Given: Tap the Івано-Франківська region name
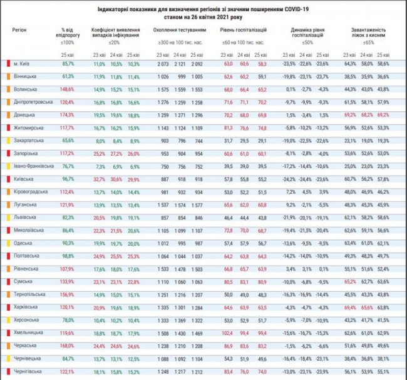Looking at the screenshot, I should click(31, 166).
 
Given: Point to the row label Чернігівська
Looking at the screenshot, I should click(27, 371).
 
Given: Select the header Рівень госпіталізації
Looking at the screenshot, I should click(244, 29).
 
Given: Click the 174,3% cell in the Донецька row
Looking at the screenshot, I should click(68, 115).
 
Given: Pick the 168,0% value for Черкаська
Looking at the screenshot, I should click(68, 346).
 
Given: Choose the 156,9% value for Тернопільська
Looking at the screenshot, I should click(68, 294).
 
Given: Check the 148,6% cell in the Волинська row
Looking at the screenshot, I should click(68, 89).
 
